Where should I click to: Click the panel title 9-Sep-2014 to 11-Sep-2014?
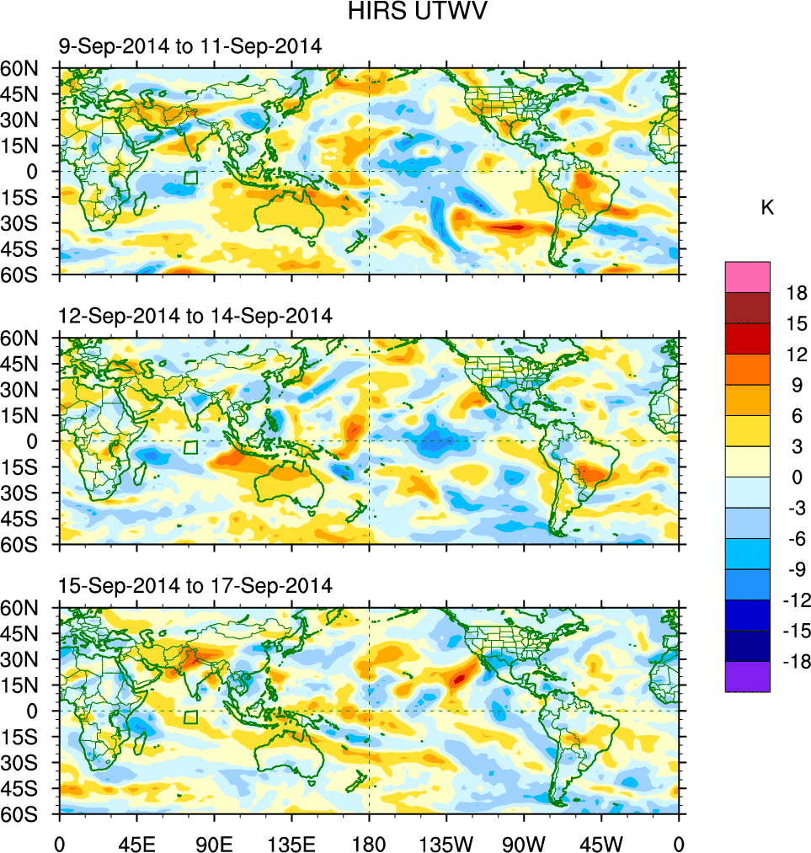pos(189,47)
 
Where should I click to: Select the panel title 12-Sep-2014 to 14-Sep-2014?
pos(195,317)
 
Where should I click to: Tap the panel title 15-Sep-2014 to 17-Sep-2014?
pos(195,585)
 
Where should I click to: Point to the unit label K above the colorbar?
pos(767,208)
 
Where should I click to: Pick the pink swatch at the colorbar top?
pos(747,276)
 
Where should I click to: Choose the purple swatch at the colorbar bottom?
pos(747,677)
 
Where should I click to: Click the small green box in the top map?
pos(190,178)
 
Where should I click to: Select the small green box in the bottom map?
pos(190,717)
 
